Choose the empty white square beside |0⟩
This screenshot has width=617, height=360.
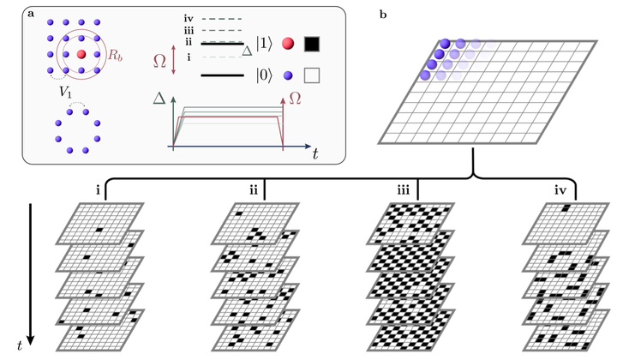coord(311,76)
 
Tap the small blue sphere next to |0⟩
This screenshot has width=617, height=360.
coord(288,76)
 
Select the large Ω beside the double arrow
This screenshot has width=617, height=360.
coord(159,61)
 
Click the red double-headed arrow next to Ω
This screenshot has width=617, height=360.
coord(174,61)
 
